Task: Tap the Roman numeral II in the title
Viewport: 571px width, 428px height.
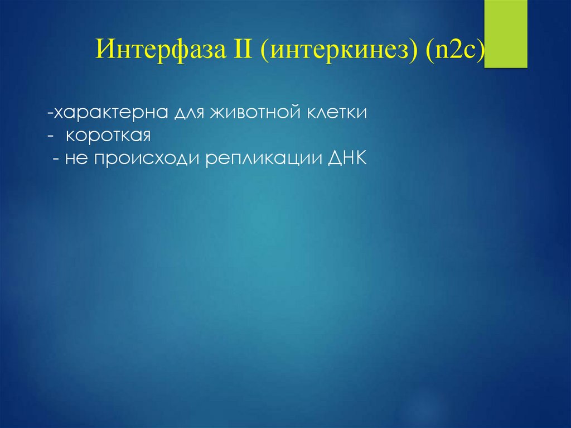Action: pyautogui.click(x=240, y=49)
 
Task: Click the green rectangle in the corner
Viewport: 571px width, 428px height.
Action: pyautogui.click(x=506, y=33)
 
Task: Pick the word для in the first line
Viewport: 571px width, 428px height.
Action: pyautogui.click(x=190, y=113)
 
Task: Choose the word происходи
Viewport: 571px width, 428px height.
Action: pyautogui.click(x=147, y=160)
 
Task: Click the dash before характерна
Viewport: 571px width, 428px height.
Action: pyautogui.click(x=50, y=113)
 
